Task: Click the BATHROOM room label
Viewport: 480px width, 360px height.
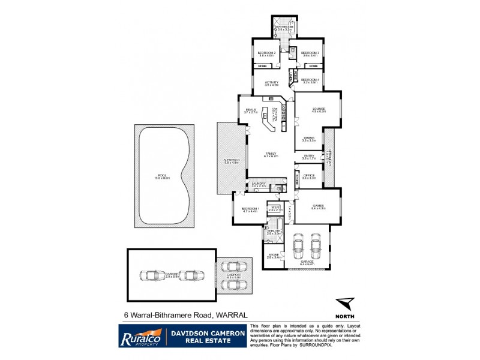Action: click(283, 27)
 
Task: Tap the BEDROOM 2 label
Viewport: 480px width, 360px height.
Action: click(266, 53)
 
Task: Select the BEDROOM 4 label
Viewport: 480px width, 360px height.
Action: click(310, 80)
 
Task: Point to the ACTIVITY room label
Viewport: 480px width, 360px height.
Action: click(272, 82)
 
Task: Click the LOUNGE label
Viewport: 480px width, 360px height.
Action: click(318, 109)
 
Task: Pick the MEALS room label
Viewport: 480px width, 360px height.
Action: click(251, 110)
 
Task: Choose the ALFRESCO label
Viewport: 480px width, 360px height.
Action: click(232, 160)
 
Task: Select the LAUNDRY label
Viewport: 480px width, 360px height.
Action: click(259, 184)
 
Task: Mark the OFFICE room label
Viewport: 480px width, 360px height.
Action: click(309, 176)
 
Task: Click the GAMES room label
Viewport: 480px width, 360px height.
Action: click(318, 206)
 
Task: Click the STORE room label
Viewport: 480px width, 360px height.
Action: click(273, 256)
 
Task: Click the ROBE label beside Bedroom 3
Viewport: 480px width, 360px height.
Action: click(313, 65)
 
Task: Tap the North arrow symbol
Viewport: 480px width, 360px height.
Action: click(344, 304)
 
